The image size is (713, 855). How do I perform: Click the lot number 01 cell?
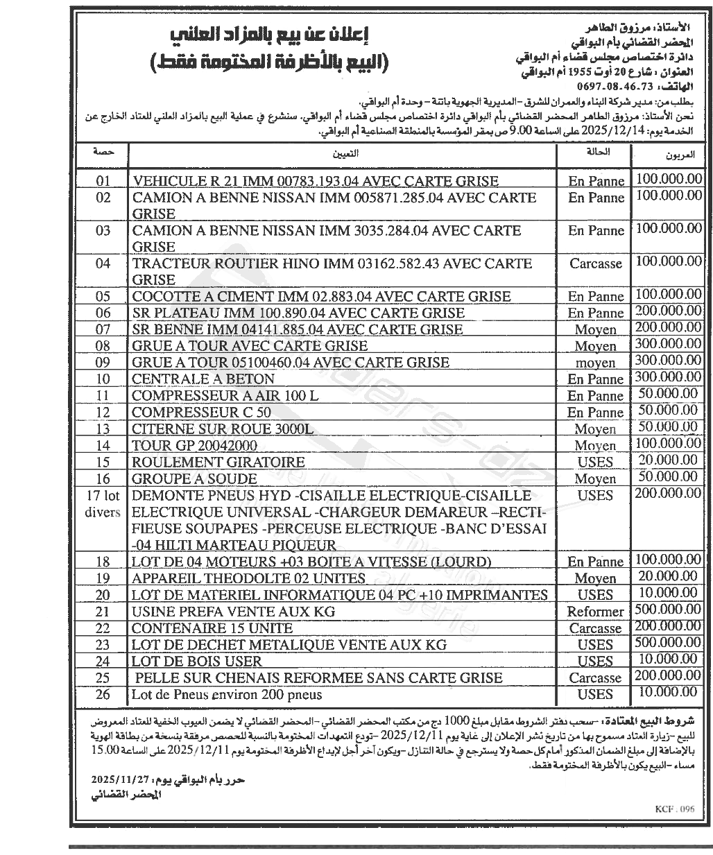(103, 182)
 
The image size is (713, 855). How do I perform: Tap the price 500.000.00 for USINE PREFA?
(668, 610)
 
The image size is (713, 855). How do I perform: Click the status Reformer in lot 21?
(595, 612)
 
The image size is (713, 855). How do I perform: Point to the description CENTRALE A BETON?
(203, 379)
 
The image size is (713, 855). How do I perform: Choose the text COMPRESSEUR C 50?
(191, 412)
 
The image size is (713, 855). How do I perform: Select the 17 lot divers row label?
(103, 504)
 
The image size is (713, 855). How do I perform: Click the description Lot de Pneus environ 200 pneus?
(227, 694)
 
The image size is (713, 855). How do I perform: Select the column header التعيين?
(343, 150)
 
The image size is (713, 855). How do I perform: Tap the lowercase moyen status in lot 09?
(595, 362)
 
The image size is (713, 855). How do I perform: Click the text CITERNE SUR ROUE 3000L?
(223, 429)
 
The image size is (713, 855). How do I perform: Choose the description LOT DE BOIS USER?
(197, 661)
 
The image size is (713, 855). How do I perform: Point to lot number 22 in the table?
(103, 628)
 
